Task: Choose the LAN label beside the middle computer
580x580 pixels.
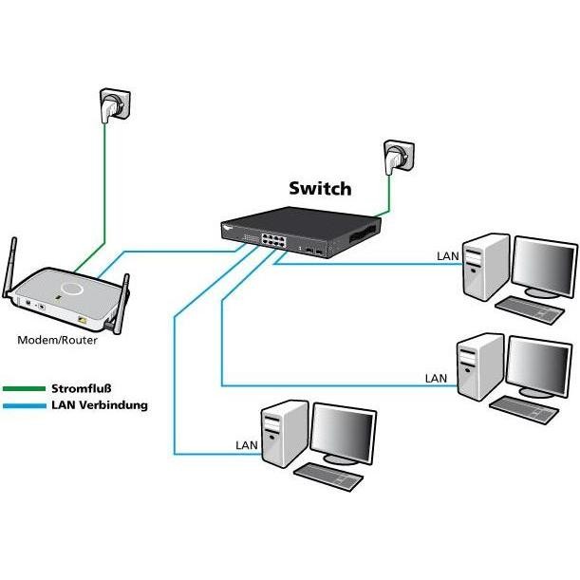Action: tap(436, 378)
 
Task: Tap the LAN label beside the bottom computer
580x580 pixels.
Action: tap(246, 444)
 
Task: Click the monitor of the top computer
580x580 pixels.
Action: tap(543, 266)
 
